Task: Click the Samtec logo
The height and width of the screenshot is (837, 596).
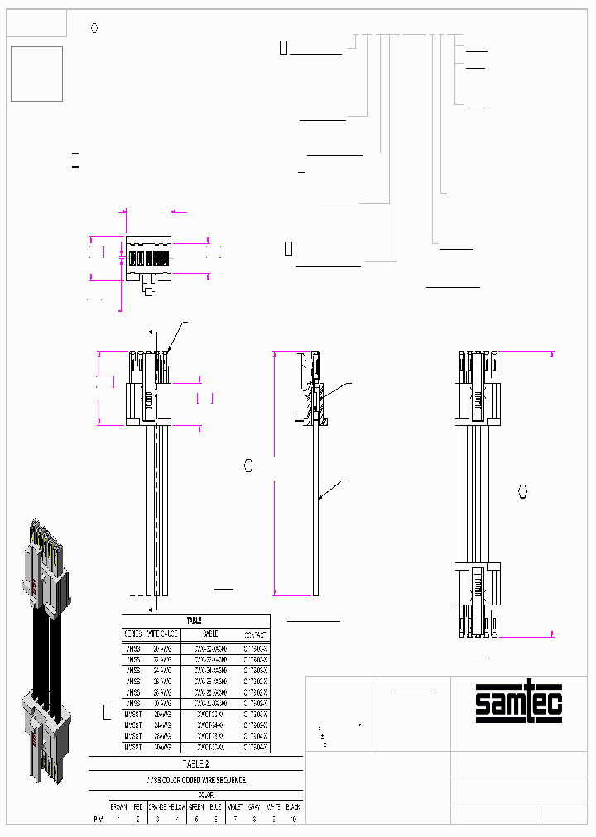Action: pos(519,701)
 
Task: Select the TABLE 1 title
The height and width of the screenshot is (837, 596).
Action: pos(195,619)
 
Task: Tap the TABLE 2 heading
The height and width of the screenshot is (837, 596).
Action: pos(195,764)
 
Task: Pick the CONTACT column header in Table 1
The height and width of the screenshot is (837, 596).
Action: pos(255,634)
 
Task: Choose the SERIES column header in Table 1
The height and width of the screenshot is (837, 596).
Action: pos(133,634)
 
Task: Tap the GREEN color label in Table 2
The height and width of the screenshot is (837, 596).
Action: pos(196,806)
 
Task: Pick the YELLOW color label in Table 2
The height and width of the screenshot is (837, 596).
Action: pos(176,806)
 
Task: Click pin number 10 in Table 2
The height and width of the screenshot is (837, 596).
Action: pos(293,819)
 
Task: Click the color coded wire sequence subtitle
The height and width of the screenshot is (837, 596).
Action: pos(195,780)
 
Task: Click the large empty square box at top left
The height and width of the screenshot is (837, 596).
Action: pos(36,74)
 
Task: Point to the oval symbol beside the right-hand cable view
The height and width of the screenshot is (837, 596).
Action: pos(522,492)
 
